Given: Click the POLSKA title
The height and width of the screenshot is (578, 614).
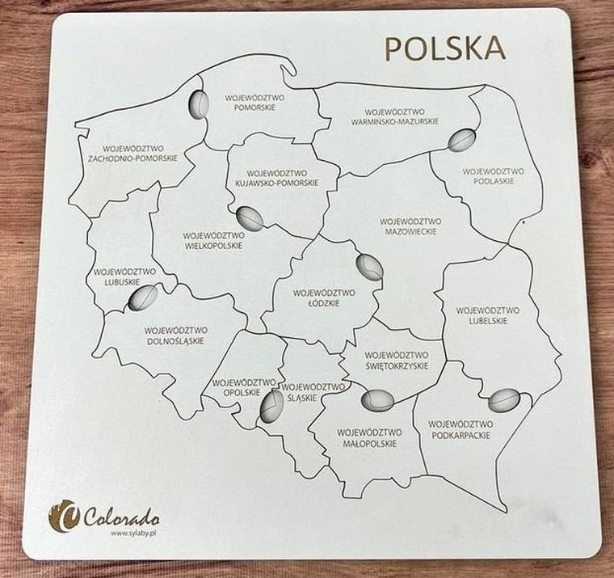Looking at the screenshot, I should tap(444, 48).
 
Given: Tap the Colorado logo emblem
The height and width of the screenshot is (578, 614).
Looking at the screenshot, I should tap(64, 515).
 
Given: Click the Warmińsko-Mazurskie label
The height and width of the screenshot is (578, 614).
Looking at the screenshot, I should tap(394, 116).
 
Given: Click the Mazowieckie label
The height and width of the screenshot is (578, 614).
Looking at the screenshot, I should tap(410, 226).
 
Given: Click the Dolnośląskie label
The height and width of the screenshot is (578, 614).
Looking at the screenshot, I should tap(176, 335).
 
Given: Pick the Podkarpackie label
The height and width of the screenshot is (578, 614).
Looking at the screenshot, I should tap(460, 429).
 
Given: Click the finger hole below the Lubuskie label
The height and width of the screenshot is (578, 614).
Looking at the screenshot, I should tap(143, 298).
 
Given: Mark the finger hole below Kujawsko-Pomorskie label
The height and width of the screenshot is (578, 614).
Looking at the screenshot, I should tap(250, 218).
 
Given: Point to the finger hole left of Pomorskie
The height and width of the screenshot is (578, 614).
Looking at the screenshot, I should tap(198, 105).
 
